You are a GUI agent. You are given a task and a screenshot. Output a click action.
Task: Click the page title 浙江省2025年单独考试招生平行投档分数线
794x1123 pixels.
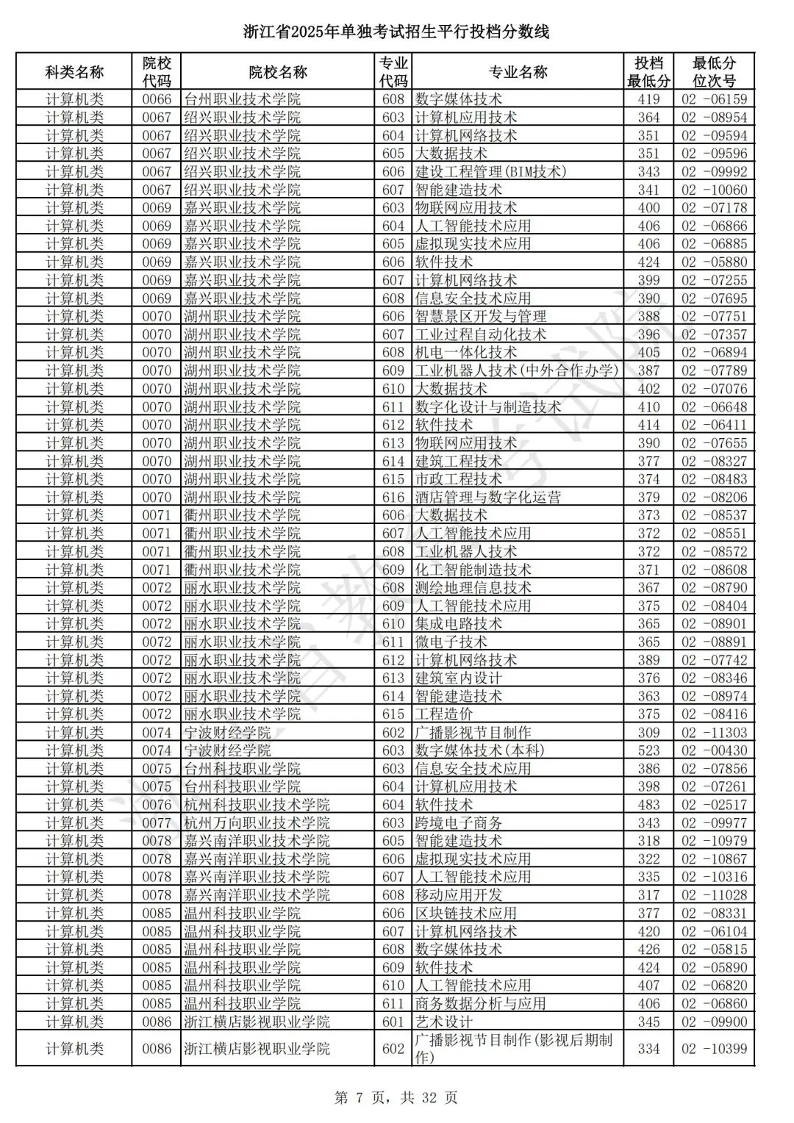(396, 32)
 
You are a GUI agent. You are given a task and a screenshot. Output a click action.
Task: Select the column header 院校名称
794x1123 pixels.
(278, 72)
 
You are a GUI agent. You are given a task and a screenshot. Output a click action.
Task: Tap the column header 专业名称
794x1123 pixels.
(518, 72)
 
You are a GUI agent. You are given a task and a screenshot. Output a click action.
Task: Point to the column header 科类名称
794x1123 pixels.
(74, 72)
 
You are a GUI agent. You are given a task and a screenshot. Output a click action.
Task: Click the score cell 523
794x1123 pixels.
(648, 750)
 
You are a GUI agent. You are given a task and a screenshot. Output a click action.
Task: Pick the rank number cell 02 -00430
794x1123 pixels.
(713, 750)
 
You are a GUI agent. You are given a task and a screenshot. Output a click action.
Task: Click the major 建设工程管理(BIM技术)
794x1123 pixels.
(491, 171)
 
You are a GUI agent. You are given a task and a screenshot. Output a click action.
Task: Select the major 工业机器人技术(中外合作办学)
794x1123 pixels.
(517, 370)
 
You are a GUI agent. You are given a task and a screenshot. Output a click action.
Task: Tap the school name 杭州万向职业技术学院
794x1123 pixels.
(257, 823)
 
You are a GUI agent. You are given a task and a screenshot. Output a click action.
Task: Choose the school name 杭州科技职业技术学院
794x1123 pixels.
(257, 805)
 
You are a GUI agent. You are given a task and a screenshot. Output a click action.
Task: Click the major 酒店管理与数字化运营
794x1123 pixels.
(487, 497)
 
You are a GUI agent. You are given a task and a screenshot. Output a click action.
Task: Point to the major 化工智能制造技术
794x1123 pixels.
(473, 570)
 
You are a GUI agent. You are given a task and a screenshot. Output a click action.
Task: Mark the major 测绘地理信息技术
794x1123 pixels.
(473, 587)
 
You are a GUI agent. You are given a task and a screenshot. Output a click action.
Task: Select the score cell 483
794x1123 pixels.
(648, 805)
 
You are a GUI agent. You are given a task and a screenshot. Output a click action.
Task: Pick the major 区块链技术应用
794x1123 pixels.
(465, 914)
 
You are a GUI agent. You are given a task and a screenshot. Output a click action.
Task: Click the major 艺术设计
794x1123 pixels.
(444, 1022)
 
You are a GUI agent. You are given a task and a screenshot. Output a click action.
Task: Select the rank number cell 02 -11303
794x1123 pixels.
(713, 733)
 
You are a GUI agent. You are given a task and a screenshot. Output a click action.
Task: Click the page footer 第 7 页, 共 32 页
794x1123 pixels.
(396, 1098)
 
